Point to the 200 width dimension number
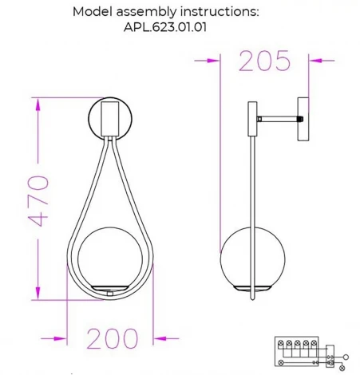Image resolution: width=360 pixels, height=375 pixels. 113,339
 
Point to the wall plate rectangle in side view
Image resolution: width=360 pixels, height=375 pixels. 303,120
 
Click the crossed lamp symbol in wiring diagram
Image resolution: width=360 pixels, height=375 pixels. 343,366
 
